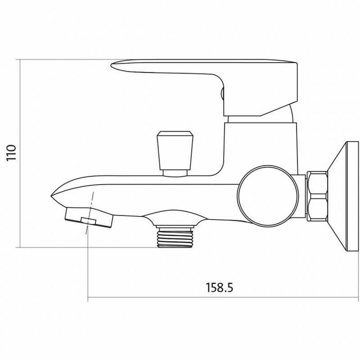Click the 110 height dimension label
click(11, 153)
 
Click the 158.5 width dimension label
click(219, 287)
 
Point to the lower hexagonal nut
click(317, 208)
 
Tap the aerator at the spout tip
click(89, 218)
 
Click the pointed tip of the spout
click(51, 196)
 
